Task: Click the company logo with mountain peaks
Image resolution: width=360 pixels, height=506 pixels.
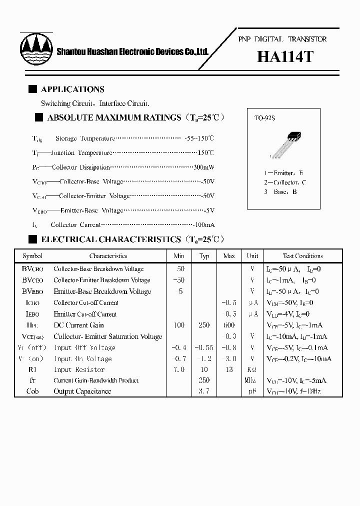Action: click(x=36, y=48)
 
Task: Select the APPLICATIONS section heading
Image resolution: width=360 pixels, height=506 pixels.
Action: click(x=72, y=89)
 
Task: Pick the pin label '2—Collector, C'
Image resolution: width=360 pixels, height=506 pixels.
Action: click(x=285, y=182)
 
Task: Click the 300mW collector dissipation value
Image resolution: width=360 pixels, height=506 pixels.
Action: click(x=203, y=167)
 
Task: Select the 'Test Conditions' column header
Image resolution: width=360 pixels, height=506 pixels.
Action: click(x=302, y=256)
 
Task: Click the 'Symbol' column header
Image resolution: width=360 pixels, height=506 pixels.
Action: click(x=32, y=256)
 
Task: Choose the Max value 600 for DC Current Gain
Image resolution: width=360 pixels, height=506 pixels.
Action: click(x=228, y=325)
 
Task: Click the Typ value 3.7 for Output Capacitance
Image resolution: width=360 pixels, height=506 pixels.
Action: click(x=204, y=391)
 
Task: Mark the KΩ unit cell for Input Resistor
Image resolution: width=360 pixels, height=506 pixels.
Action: click(x=252, y=370)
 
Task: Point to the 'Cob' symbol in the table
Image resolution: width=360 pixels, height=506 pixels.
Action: click(x=32, y=391)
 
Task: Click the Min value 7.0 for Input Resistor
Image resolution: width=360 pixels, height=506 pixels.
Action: click(x=178, y=370)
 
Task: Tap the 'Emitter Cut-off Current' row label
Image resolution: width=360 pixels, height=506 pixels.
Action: click(x=85, y=314)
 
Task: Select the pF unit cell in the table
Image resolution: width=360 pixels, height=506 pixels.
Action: click(x=252, y=391)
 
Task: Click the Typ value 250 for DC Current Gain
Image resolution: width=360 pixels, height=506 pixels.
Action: click(x=204, y=325)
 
